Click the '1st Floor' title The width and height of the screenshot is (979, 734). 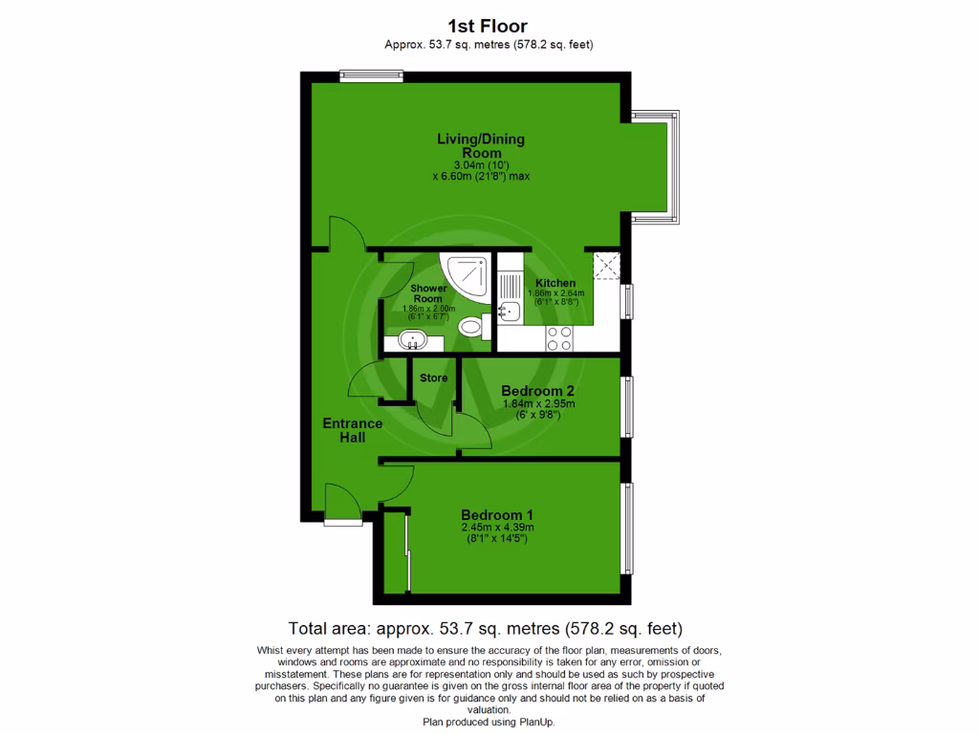click(x=487, y=26)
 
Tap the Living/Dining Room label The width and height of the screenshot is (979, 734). click(x=481, y=145)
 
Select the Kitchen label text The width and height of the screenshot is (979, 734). click(x=555, y=283)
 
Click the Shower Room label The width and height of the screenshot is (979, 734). click(x=428, y=293)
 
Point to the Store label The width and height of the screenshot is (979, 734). click(x=434, y=378)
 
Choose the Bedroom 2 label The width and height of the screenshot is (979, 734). click(x=537, y=391)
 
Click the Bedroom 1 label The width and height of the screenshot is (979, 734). click(x=496, y=513)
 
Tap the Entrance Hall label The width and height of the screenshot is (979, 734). click(x=352, y=430)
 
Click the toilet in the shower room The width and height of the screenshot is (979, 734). click(x=470, y=328)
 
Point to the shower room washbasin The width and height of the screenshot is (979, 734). click(x=414, y=339)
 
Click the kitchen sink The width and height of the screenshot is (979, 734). click(x=509, y=310)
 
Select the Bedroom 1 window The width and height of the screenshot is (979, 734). click(x=627, y=529)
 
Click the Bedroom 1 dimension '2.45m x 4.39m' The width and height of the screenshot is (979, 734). click(x=496, y=528)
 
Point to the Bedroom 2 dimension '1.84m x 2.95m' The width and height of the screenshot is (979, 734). click(x=537, y=404)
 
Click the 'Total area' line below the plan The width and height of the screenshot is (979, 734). click(x=486, y=629)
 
